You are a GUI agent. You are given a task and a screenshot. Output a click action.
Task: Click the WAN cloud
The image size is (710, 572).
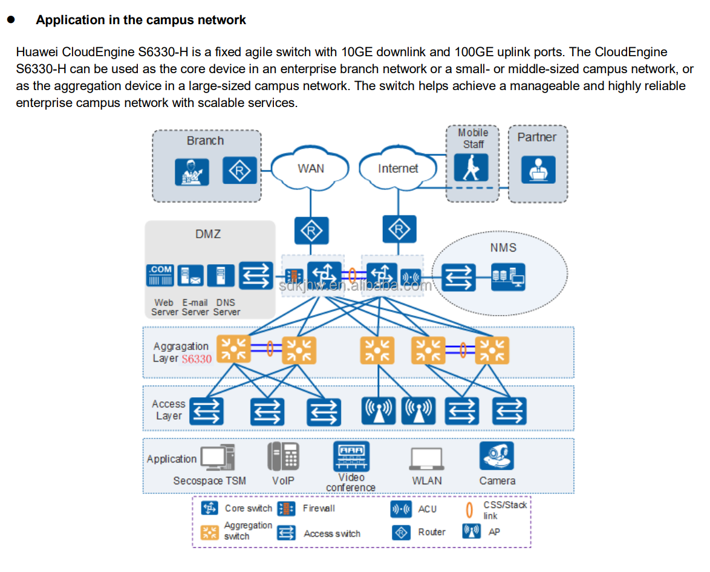click(x=310, y=169)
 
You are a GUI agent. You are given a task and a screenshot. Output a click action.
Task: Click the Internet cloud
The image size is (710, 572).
click(x=397, y=169)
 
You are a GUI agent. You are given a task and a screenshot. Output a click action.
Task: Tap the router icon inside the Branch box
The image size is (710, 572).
click(x=240, y=171)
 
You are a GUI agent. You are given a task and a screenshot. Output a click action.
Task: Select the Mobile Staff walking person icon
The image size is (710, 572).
click(x=471, y=167)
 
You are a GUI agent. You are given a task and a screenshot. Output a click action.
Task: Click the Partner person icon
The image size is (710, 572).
click(x=538, y=169)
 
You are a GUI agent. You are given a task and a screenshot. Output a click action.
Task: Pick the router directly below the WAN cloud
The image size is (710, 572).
click(x=311, y=231)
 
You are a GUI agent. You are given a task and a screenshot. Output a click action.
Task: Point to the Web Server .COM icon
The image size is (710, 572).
click(x=160, y=275)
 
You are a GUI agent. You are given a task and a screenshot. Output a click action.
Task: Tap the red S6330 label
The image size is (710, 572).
click(x=197, y=359)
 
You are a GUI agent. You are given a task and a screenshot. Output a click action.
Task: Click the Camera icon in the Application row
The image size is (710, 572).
click(x=497, y=457)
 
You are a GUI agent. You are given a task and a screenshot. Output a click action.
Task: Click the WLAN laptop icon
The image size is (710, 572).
click(x=426, y=460)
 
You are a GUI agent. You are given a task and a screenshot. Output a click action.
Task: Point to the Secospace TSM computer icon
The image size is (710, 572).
click(x=217, y=458)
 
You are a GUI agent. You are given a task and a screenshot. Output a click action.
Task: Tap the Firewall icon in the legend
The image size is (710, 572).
click(x=286, y=509)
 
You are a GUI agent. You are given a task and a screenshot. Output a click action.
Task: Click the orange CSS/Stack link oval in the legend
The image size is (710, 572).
click(x=469, y=510)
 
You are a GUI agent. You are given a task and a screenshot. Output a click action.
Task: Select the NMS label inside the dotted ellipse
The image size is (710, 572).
click(x=503, y=248)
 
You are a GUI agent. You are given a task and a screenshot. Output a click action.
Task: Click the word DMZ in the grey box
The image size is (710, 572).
click(x=208, y=233)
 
